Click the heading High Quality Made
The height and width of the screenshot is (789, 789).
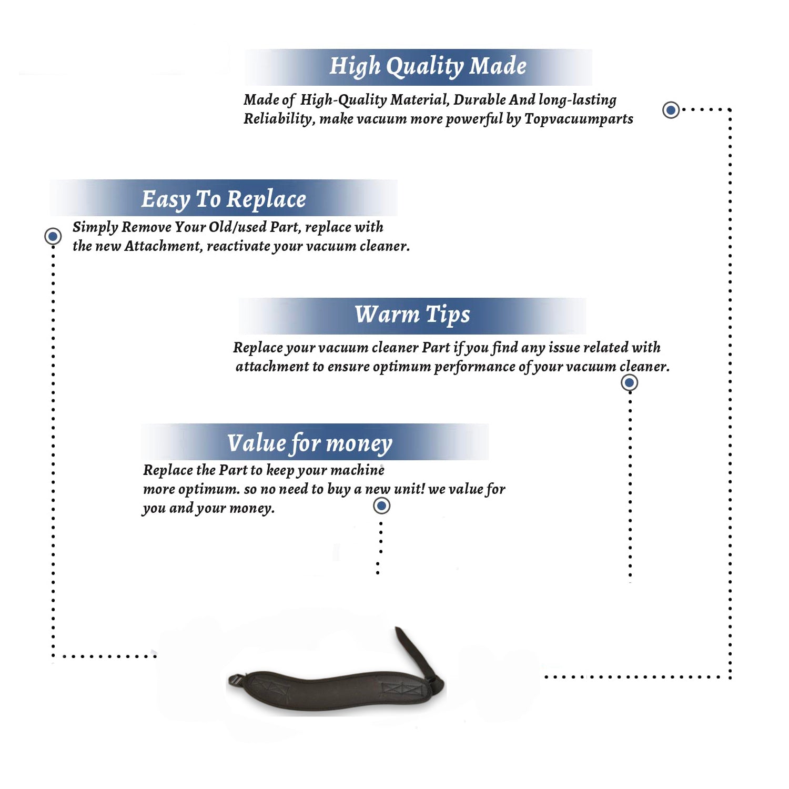coord(428,67)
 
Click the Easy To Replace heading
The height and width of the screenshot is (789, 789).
coord(224,200)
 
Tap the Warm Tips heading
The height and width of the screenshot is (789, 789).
coord(412,315)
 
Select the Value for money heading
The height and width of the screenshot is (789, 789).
coord(309,443)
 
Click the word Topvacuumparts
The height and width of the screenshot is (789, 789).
coord(579,119)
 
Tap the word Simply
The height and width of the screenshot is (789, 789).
coord(95,228)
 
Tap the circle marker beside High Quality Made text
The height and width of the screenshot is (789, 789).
coord(671,110)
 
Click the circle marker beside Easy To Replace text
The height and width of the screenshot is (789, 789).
coord(53,236)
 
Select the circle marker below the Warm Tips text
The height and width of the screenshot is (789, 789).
coord(629,382)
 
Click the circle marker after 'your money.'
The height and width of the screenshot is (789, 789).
coord(381,506)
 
